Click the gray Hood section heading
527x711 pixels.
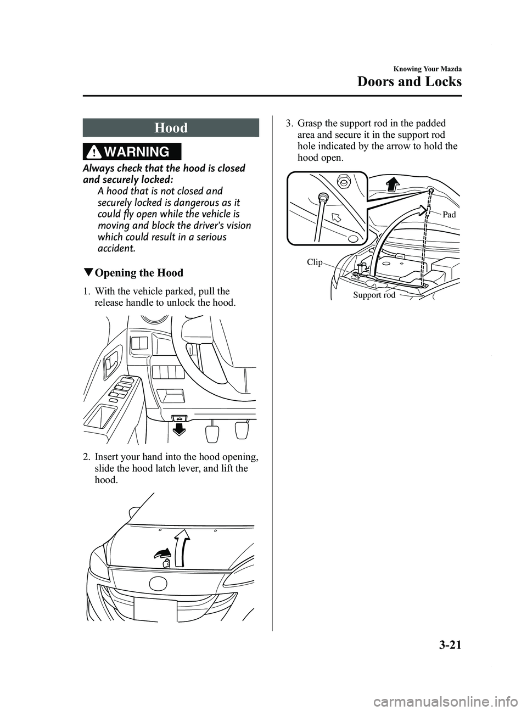pyautogui.click(x=171, y=128)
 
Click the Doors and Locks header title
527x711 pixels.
pyautogui.click(x=410, y=82)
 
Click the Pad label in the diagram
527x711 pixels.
pyautogui.click(x=448, y=215)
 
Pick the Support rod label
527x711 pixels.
pyautogui.click(x=374, y=295)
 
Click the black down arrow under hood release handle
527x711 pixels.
pyautogui.click(x=178, y=428)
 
